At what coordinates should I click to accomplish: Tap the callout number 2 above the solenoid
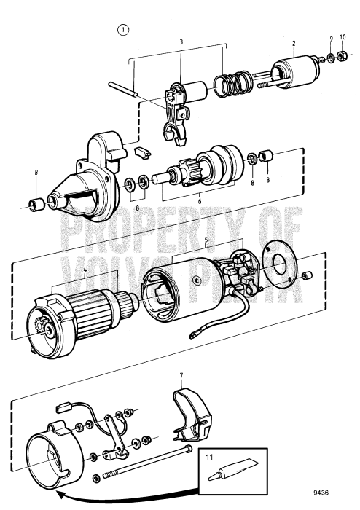(x=294, y=44)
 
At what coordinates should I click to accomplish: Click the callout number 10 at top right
(x=343, y=38)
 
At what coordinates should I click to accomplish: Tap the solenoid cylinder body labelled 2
(x=289, y=76)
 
